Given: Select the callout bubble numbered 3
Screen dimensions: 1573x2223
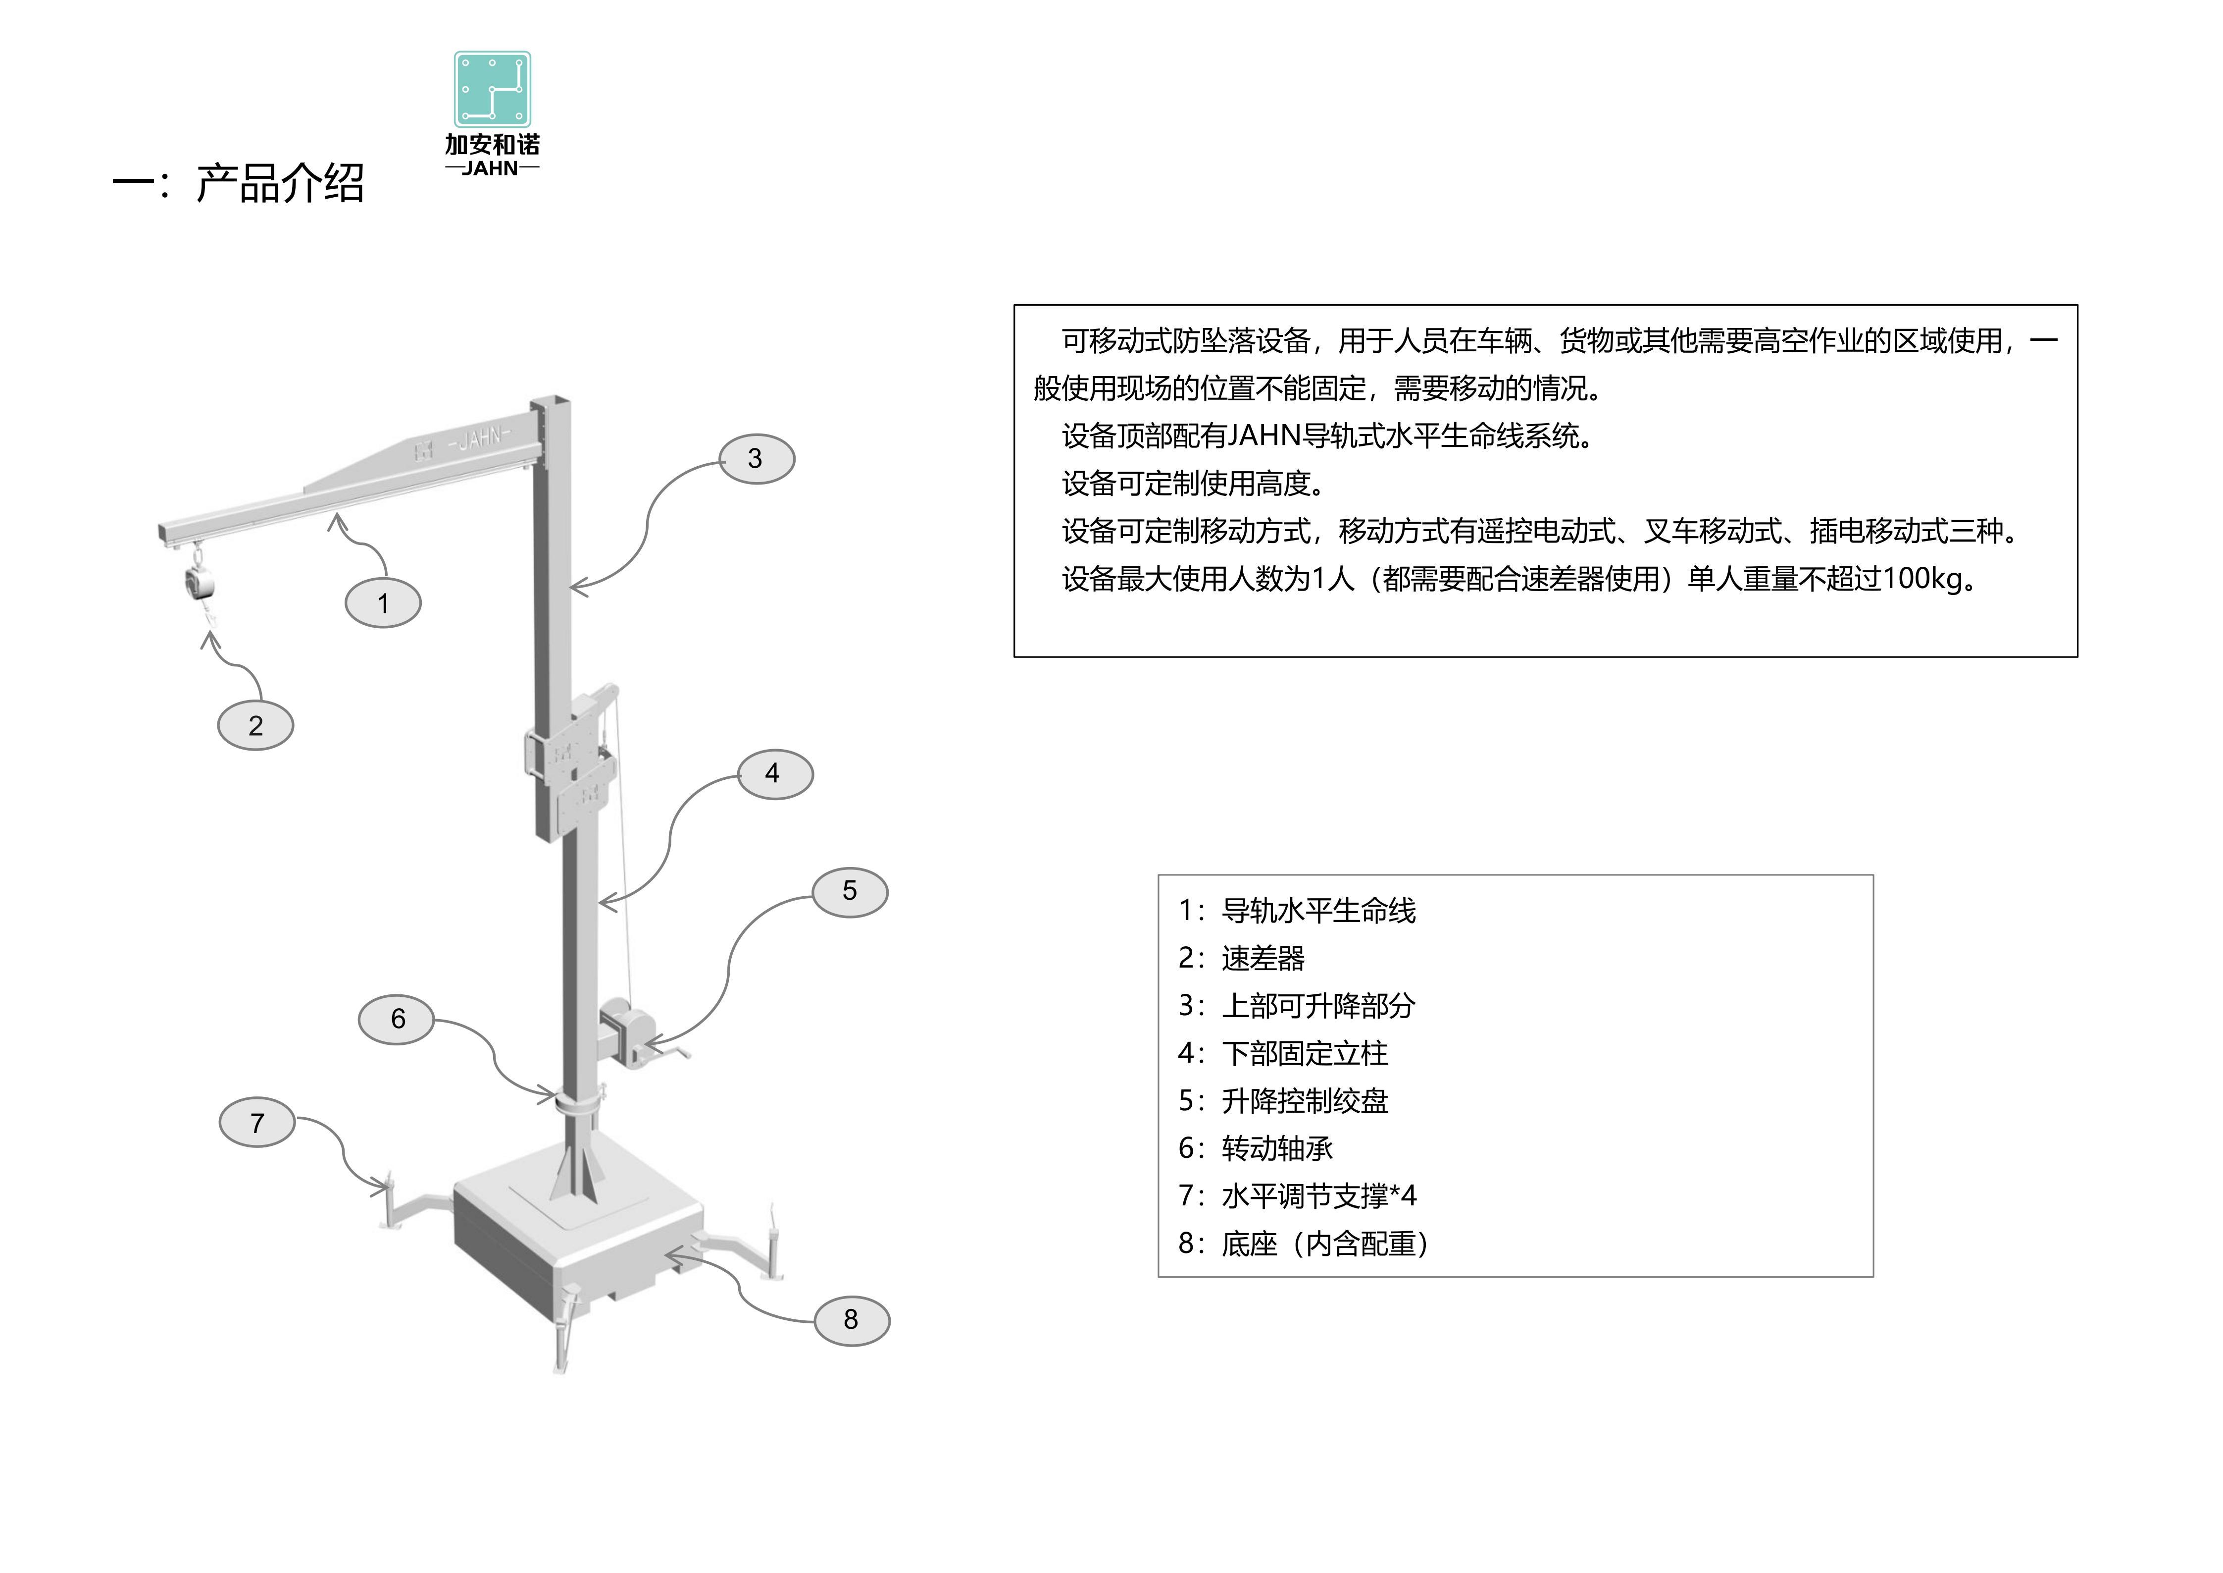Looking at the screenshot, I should click(x=756, y=459).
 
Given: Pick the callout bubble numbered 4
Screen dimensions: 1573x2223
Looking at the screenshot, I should click(x=774, y=774).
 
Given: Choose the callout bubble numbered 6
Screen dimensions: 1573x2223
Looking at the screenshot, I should click(x=397, y=1019).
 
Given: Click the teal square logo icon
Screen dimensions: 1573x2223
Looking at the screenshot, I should click(x=493, y=89).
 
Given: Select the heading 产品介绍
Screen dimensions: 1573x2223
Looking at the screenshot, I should click(x=280, y=183).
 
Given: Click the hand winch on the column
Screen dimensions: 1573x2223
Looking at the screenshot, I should click(x=634, y=1036).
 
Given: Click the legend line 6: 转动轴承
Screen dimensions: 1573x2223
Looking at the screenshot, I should click(x=1256, y=1149).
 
